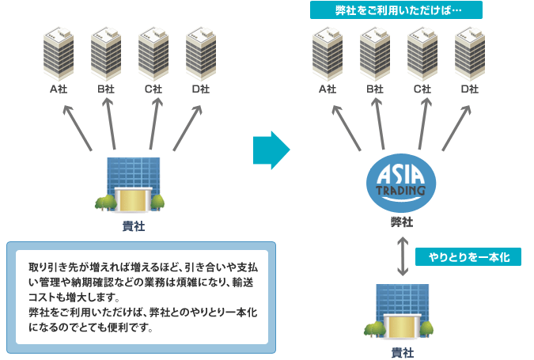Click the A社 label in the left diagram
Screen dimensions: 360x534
point(59,89)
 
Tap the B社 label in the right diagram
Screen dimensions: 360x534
point(375,89)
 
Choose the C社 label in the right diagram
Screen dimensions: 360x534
point(422,89)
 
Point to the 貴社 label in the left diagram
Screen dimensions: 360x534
point(133,226)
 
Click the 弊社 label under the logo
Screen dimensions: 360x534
point(402,222)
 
